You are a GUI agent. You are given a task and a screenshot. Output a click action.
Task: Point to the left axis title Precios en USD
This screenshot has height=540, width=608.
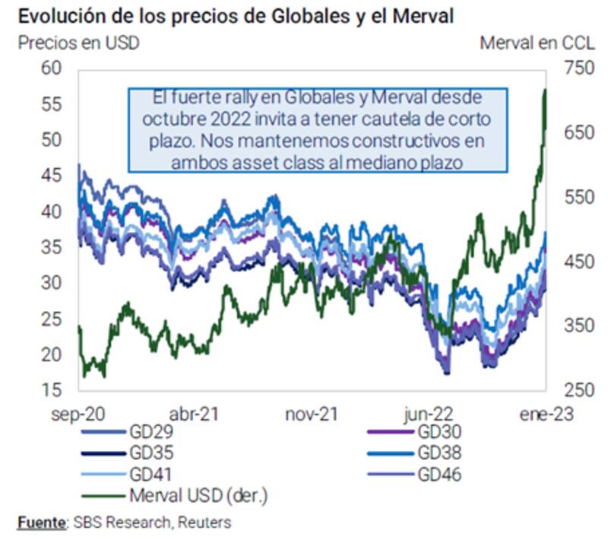pyautogui.click(x=78, y=43)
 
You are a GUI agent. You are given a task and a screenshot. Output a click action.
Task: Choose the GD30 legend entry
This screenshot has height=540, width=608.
pyautogui.click(x=440, y=433)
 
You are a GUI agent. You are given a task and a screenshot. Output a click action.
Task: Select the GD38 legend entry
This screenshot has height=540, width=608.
pyautogui.click(x=440, y=454)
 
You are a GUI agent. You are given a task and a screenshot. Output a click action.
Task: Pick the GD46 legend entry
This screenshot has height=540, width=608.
pyautogui.click(x=440, y=475)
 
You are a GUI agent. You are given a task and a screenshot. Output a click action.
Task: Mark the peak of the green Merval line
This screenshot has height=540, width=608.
pyautogui.click(x=545, y=90)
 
